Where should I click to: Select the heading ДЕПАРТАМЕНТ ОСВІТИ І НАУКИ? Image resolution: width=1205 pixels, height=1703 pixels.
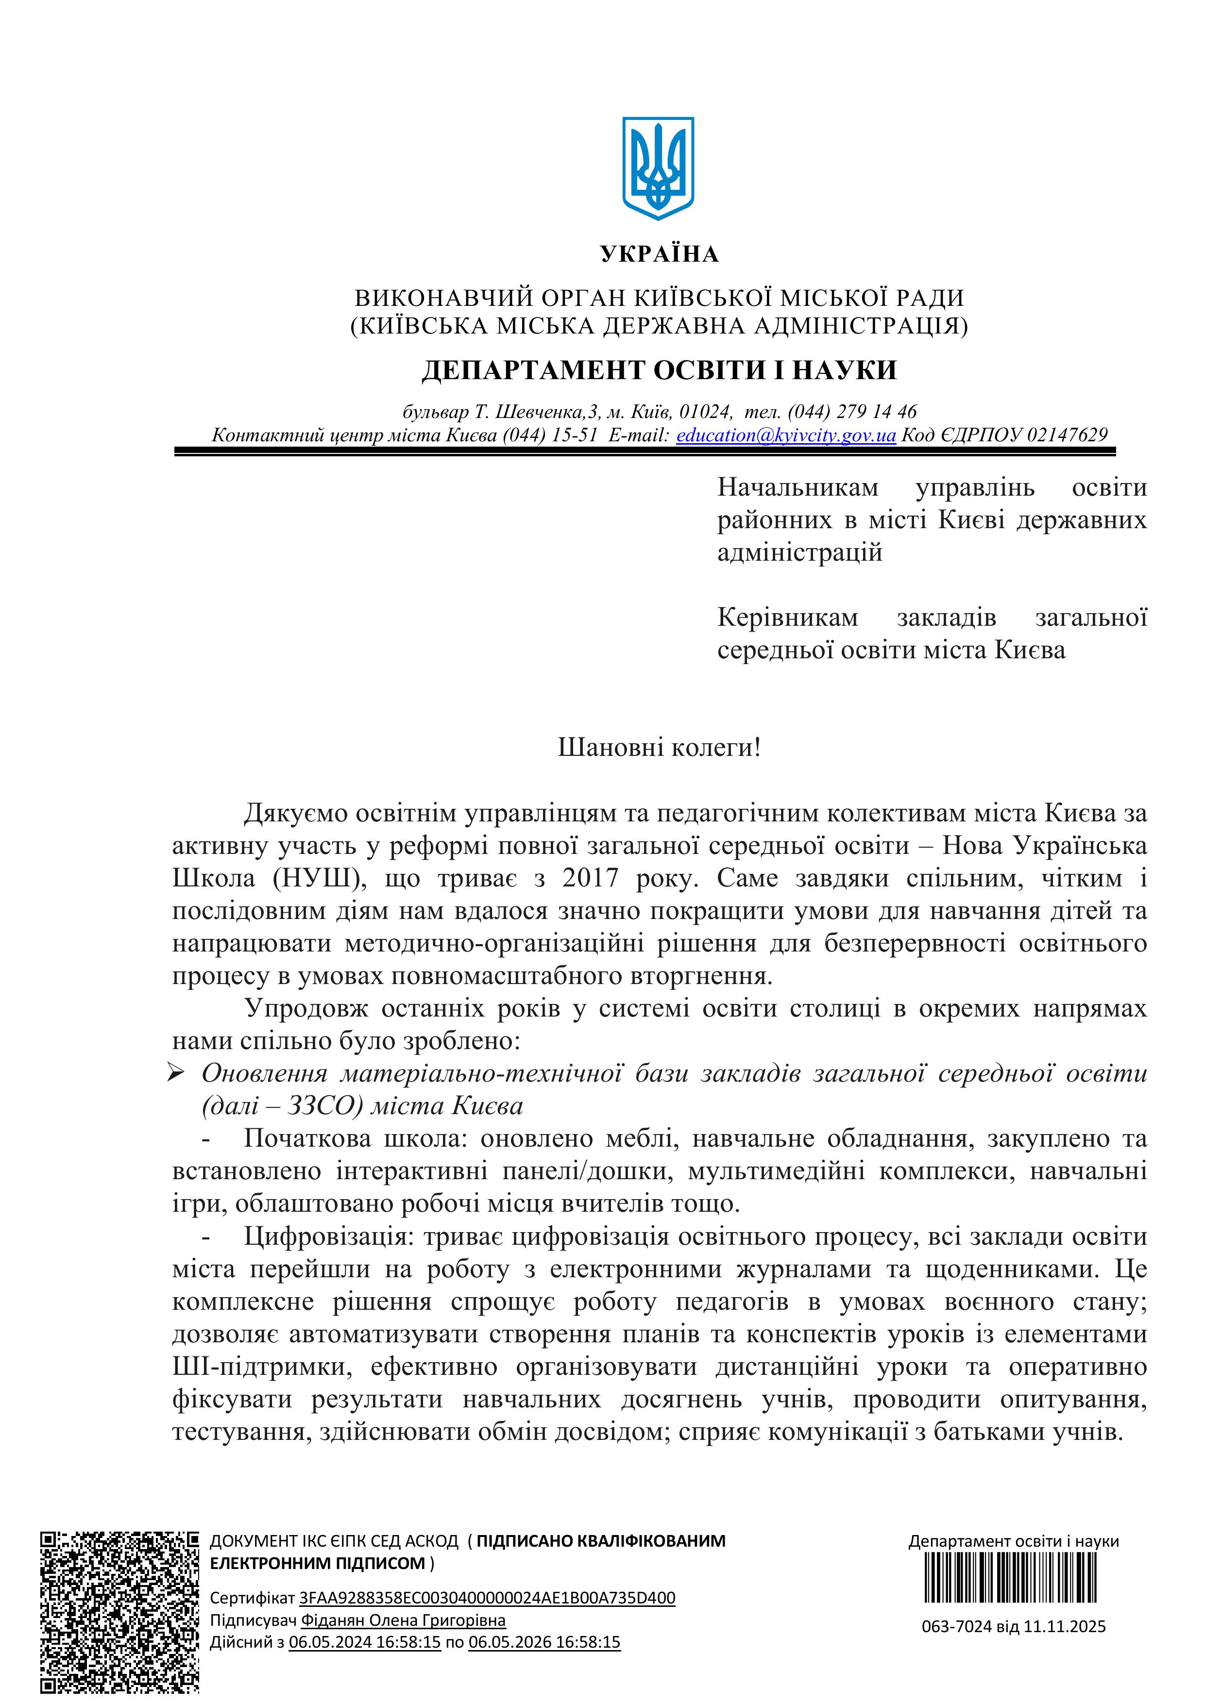click(659, 370)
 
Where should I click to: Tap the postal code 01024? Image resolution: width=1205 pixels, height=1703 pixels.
click(705, 412)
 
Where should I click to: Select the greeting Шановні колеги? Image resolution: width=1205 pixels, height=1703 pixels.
click(659, 747)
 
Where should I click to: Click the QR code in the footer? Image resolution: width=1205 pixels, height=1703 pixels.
click(119, 1612)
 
